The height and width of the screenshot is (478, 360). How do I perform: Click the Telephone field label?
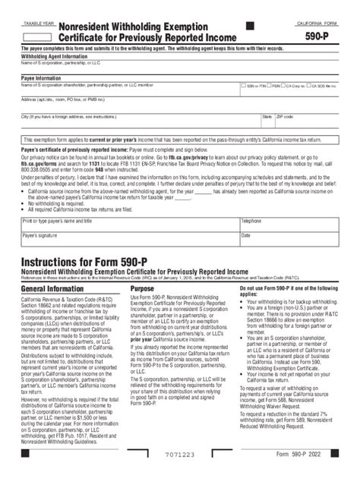(x=251, y=221)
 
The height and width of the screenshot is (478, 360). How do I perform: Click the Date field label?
(x=246, y=235)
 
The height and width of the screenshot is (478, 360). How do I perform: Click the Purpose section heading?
(x=142, y=289)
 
